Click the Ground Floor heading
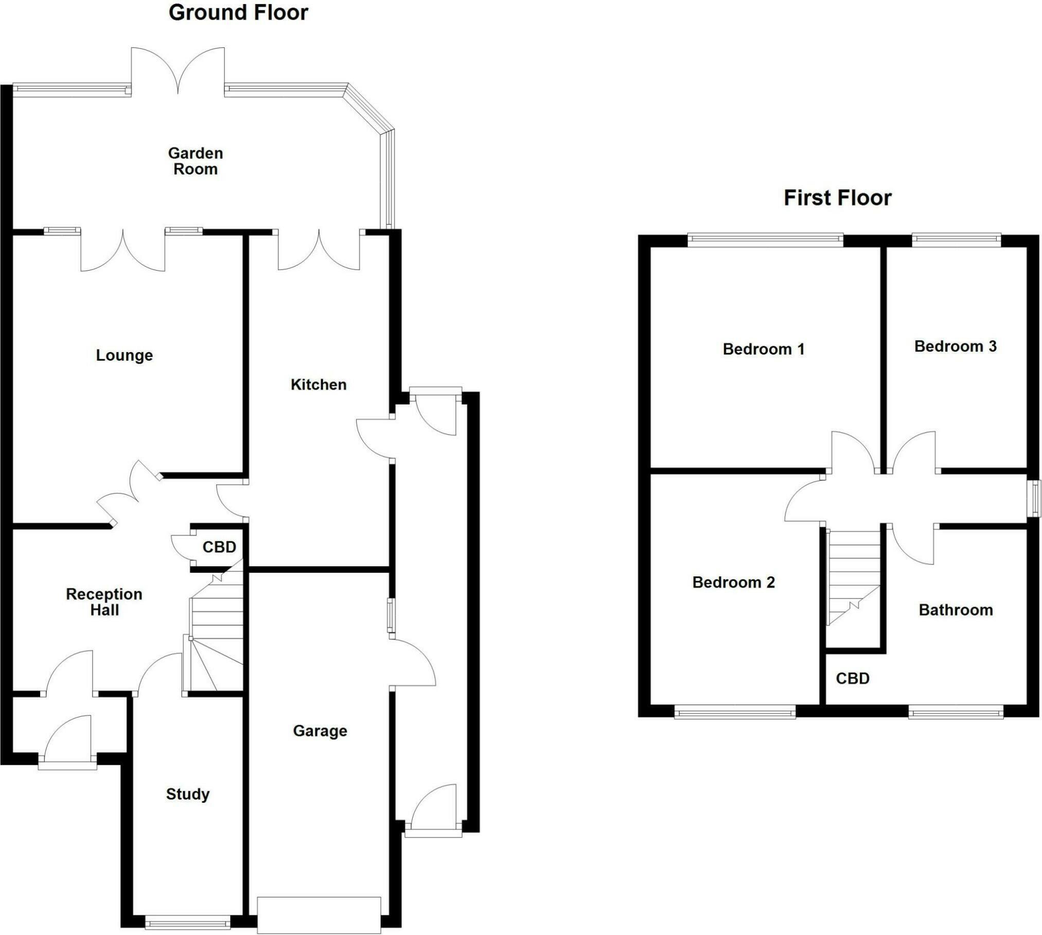coord(238,13)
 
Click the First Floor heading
coord(837,198)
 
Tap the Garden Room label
coord(196,161)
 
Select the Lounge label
coord(125,355)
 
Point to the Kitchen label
coord(319,384)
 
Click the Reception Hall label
coord(104,602)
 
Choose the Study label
coord(188,794)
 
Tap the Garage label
coord(320,731)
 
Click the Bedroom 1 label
coord(764,349)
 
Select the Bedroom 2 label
coord(733,582)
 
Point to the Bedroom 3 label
coord(955,346)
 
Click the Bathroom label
coord(956,610)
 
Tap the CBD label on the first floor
coord(853,678)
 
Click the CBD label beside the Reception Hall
coord(219,546)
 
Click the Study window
coord(188,922)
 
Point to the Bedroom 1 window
coord(765,238)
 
